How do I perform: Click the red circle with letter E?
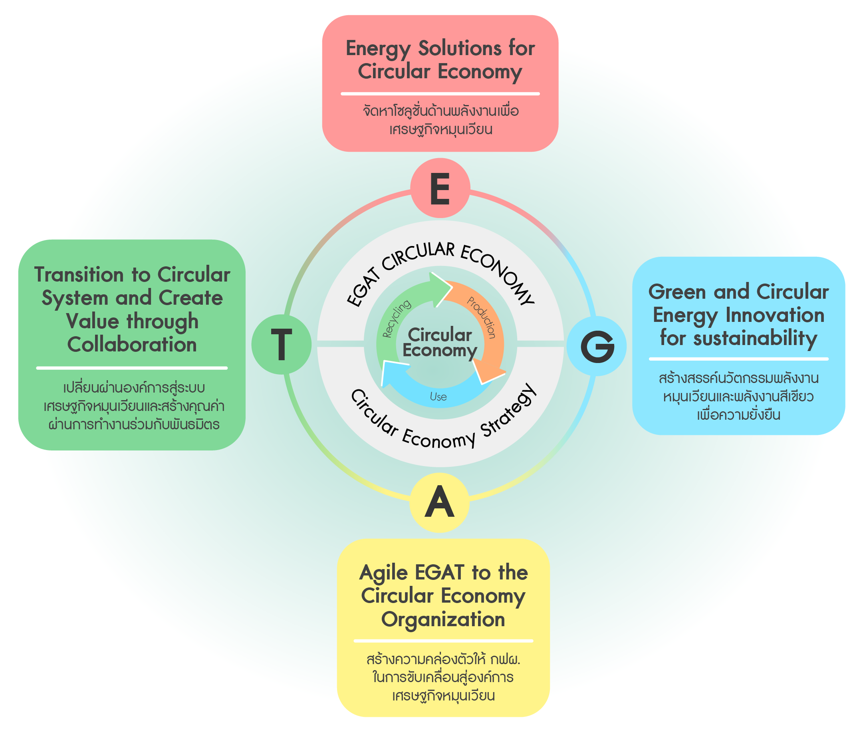pos(440,188)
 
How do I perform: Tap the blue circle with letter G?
pos(596,346)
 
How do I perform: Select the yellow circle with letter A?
pos(439,502)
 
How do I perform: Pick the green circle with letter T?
pos(281,344)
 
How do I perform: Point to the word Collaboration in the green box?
pos(132,345)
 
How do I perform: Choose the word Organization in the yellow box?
pos(443,619)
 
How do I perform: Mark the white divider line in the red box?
pos(440,94)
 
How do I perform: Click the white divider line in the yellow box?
pos(443,641)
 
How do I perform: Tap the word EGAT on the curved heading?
pos(362,290)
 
